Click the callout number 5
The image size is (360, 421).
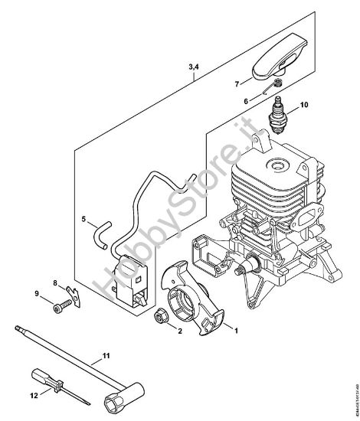83,220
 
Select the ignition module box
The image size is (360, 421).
129,282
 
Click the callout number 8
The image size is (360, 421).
55,284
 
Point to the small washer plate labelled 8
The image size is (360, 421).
70,292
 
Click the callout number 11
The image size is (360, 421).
106,356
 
